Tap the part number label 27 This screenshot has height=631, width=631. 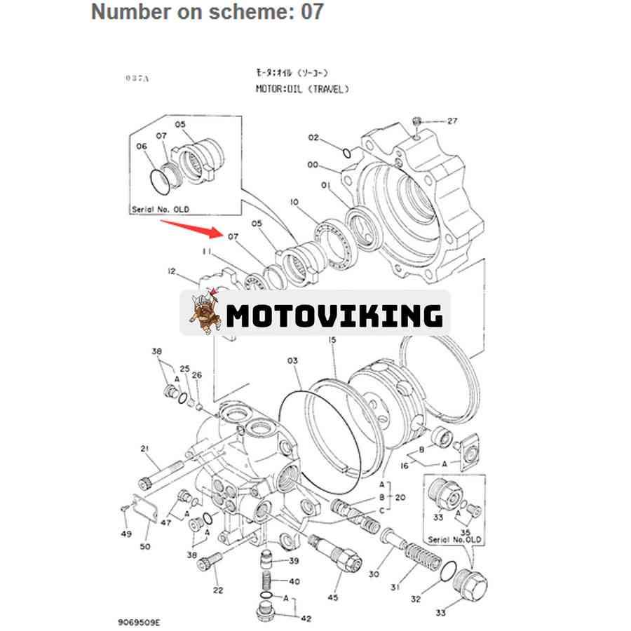pos(452,121)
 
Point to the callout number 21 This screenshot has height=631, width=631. pos(145,449)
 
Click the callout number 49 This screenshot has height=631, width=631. pos(125,535)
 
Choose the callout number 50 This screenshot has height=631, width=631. pos(146,546)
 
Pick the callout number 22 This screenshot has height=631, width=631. pos(218,590)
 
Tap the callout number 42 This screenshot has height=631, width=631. pos(306,618)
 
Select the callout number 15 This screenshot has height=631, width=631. pos(332,340)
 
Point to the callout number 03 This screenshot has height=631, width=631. pos(292,360)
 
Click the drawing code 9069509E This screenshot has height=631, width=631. pos(140,621)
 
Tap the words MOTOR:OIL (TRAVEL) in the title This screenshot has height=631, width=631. pos(302,89)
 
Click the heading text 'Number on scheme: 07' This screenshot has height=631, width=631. pos(208,12)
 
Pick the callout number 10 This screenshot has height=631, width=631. pos(294,203)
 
